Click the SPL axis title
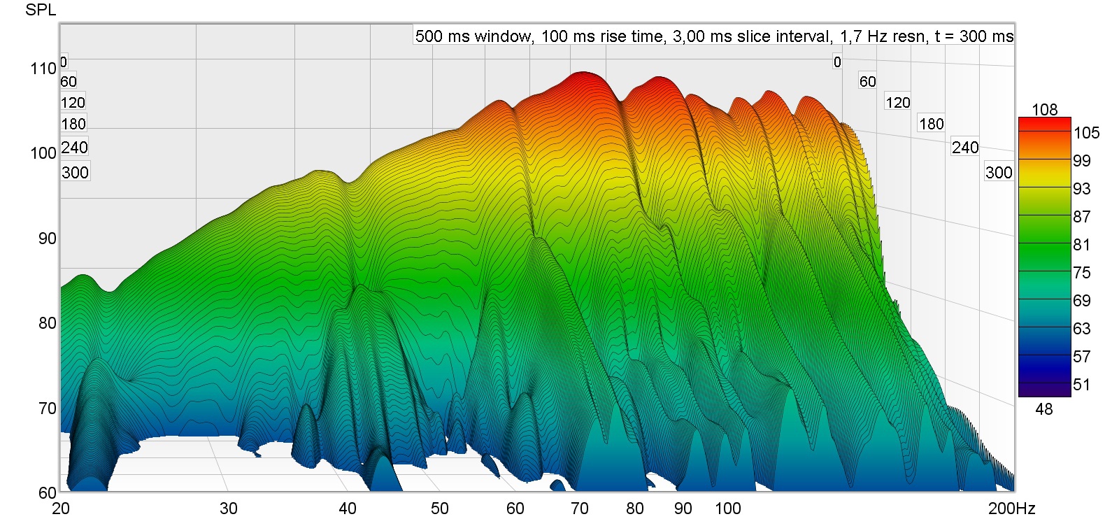tap(41, 10)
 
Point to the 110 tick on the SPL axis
tap(43, 69)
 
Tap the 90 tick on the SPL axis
tap(47, 239)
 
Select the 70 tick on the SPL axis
tap(47, 408)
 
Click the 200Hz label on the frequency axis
tap(1011, 509)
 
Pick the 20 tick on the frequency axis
tap(61, 509)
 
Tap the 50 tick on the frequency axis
tap(439, 509)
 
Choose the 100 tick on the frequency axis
tap(727, 509)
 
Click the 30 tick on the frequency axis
tap(228, 509)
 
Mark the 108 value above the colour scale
tap(1044, 110)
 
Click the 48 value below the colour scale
tap(1043, 409)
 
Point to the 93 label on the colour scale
tap(1081, 189)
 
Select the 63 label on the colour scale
tap(1081, 329)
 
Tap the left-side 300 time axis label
tap(75, 173)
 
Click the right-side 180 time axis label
tap(931, 125)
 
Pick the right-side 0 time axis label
tap(837, 62)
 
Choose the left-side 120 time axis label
tap(73, 103)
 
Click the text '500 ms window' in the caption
tap(473, 36)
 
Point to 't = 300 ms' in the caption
tap(974, 36)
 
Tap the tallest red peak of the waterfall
tap(582, 74)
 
